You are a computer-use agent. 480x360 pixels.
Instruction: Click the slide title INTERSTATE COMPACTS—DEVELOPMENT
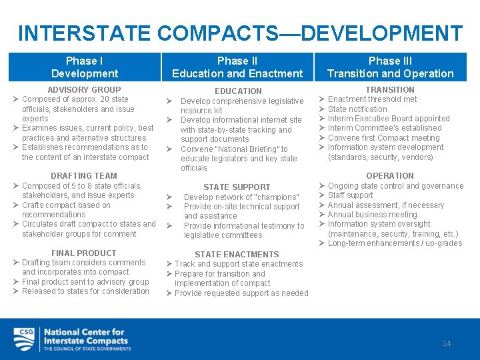coord(240,33)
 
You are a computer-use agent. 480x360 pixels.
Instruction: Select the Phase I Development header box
coord(84,67)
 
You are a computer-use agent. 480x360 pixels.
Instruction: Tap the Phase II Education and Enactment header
coord(237,67)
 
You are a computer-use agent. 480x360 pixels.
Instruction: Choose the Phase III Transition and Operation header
coord(390,67)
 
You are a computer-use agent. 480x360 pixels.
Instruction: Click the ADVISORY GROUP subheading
coord(84,89)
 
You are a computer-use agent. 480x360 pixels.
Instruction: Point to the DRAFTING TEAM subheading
coord(84,176)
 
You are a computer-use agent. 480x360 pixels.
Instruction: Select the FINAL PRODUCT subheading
coord(84,253)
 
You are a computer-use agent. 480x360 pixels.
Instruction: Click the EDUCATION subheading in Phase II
coord(238,91)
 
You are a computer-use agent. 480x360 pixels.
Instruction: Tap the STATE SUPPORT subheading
coord(237,187)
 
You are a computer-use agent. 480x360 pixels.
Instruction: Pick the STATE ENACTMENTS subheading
coord(237,255)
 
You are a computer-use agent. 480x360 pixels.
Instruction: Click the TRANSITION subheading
coord(390,89)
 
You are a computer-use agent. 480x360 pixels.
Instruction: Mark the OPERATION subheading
coord(390,176)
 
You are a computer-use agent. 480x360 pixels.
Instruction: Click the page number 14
coord(447,343)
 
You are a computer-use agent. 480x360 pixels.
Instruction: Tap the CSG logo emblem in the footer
coord(25,339)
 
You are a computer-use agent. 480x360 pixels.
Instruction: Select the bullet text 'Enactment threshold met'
coord(372,99)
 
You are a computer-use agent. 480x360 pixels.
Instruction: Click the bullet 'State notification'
coord(357,109)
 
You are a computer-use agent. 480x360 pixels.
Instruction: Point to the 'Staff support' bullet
coord(351,195)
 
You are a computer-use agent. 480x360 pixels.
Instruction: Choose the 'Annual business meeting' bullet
coord(372,215)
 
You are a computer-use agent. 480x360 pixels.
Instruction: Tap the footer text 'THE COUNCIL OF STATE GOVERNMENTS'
coord(87,349)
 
